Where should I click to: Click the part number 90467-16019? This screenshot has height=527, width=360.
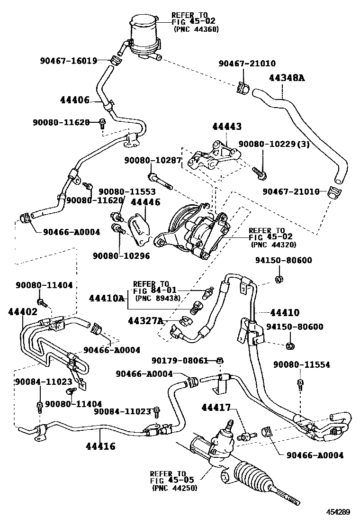click(68, 61)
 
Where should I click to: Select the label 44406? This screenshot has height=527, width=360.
click(75, 100)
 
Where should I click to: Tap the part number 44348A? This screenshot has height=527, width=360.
click(287, 78)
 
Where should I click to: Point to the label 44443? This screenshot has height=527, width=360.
click(227, 127)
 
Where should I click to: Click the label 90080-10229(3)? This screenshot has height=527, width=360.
click(273, 144)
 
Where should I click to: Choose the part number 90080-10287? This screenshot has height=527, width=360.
click(153, 161)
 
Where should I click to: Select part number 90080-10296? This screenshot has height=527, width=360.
click(121, 255)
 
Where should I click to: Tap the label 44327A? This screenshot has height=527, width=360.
click(145, 321)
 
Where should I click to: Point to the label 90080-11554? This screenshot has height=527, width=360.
click(302, 365)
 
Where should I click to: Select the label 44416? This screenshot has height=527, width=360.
click(100, 446)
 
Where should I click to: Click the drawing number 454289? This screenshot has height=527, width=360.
click(337, 512)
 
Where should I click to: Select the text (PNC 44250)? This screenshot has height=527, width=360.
click(175, 488)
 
